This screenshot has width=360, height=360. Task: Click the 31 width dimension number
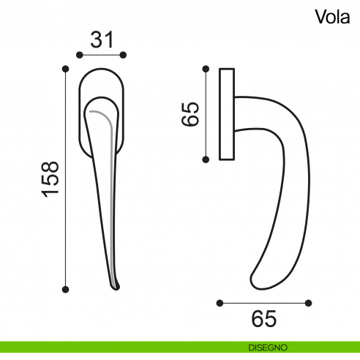102,40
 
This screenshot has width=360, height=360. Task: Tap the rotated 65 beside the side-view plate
190,114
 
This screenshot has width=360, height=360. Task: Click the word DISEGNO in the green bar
266,346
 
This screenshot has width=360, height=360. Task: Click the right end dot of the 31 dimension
124,55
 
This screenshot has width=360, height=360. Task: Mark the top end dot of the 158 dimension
65,69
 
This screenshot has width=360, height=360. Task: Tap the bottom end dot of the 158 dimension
65,290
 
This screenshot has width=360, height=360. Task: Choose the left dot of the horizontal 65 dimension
220,301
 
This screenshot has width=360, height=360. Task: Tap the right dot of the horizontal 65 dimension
310,301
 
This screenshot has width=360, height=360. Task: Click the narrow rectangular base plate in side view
226,113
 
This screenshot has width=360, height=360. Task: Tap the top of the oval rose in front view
102,70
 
